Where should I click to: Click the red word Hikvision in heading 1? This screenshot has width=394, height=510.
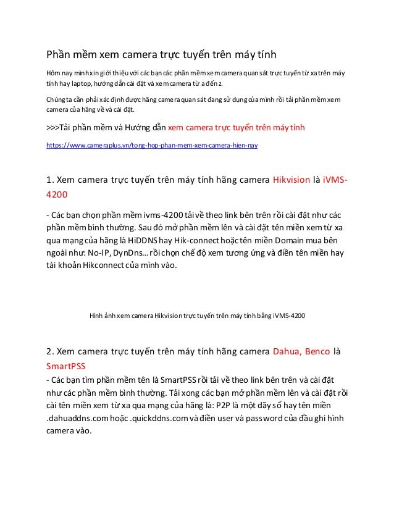(x=291, y=181)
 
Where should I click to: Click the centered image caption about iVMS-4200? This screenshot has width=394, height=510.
(x=197, y=315)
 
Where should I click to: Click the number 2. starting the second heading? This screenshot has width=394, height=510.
(x=51, y=352)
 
